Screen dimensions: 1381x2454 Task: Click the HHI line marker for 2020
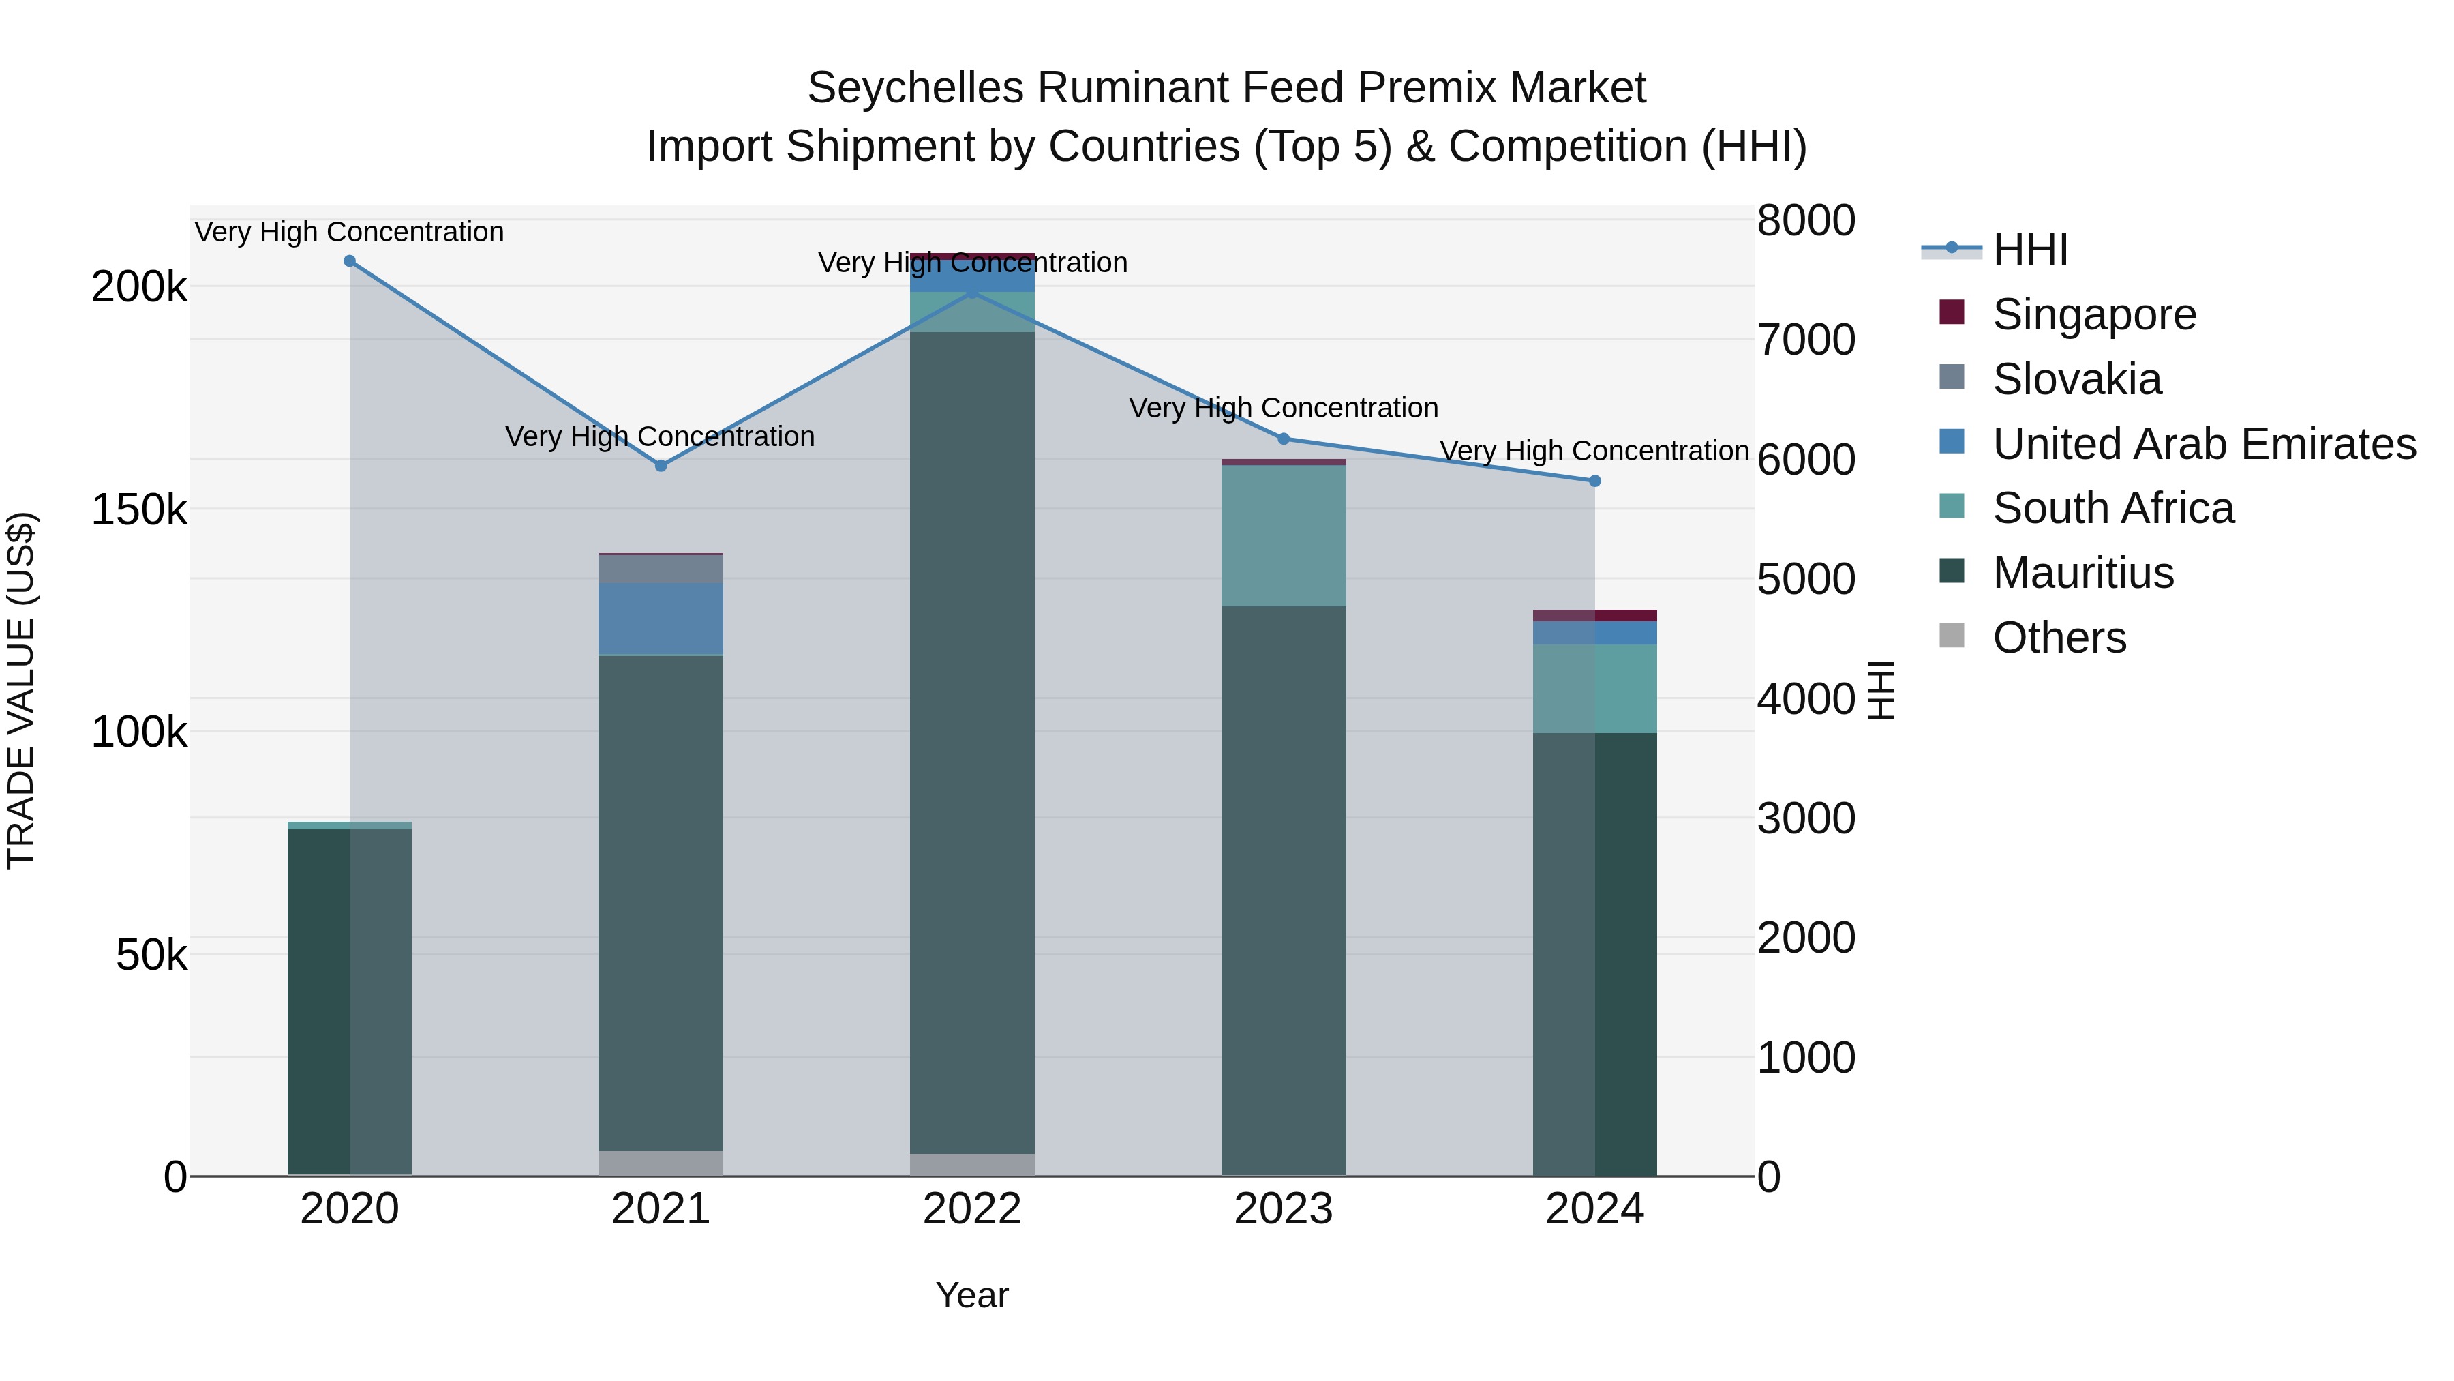350,261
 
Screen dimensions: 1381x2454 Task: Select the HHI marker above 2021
661,466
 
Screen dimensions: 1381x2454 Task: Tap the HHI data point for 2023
1283,439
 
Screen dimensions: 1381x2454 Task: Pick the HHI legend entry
2029,250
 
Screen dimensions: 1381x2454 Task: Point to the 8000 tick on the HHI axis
1805,220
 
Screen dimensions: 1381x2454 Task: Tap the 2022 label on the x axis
971,1209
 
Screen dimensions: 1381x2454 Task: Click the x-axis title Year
971,1295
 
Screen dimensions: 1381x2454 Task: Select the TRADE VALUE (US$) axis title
21,690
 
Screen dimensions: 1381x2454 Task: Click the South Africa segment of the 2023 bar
1283,535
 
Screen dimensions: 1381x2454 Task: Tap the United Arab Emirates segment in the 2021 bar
661,619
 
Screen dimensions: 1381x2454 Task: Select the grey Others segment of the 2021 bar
661,1163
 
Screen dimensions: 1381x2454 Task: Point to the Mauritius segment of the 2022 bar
971,743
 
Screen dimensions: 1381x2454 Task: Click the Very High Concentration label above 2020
350,232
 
